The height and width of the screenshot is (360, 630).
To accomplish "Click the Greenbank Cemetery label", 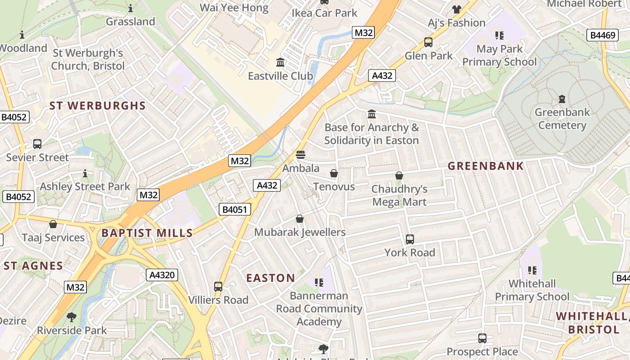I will (562, 118).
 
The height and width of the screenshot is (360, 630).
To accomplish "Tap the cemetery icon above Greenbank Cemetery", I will (562, 99).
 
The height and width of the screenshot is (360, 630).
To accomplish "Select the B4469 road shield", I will (603, 35).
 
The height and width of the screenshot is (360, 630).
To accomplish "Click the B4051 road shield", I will (234, 209).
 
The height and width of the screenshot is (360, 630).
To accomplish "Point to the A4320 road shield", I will (162, 275).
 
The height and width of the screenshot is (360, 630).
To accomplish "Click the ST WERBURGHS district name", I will (98, 106).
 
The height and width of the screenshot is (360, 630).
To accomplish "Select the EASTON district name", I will (270, 278).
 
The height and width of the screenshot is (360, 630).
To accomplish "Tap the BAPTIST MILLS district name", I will (147, 233).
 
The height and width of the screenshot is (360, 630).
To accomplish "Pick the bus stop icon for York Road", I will (409, 239).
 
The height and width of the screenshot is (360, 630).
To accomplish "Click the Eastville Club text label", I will (280, 76).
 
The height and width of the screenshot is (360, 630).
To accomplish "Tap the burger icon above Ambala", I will (301, 155).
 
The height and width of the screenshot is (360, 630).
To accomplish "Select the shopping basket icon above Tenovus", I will (334, 173).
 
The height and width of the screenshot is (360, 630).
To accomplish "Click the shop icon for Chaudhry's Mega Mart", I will (399, 175).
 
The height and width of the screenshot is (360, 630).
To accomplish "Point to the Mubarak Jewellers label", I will (300, 232).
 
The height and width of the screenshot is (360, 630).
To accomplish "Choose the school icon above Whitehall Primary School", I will (532, 270).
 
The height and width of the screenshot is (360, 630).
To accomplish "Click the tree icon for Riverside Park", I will (72, 317).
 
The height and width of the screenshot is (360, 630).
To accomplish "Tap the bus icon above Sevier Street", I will (37, 144).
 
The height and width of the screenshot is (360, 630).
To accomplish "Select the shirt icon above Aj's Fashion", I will (457, 9).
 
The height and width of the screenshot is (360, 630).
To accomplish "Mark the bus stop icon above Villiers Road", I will (218, 286).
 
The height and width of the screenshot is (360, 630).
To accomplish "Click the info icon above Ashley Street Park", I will (85, 173).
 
